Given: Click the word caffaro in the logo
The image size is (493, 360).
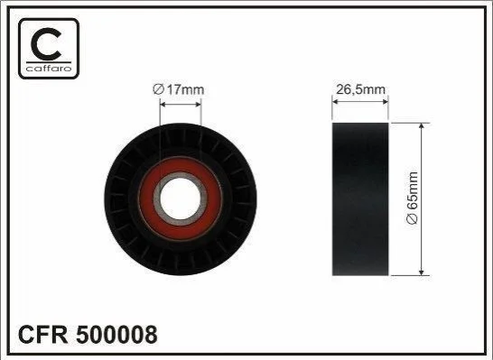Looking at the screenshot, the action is pos(49,69).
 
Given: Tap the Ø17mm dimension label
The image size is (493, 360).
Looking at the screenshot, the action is pos(178,90).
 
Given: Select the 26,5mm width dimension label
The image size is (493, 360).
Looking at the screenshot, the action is pos(360,89).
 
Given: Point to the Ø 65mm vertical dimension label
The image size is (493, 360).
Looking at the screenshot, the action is pos(413,198).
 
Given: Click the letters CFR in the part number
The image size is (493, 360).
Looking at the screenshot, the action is pos(43,335).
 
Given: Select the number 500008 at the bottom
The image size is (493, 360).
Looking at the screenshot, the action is pos(116,335).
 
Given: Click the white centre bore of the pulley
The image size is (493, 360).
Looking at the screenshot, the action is pos(181,198).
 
